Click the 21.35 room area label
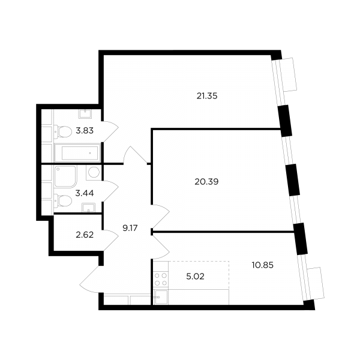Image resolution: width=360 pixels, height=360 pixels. [x=207, y=96]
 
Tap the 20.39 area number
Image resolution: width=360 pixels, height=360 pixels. [x=206, y=182]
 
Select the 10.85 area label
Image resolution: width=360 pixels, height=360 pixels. [x=262, y=265]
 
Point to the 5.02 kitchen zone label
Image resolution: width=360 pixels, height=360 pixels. [x=195, y=277]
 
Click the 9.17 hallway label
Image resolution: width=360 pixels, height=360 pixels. [x=130, y=228]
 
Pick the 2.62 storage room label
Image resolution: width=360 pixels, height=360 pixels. [x=85, y=235]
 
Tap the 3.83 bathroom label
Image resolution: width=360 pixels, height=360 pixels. [x=85, y=131]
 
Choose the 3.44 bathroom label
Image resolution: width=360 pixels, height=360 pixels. [x=85, y=193]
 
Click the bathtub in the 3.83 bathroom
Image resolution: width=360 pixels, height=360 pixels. [x=77, y=153]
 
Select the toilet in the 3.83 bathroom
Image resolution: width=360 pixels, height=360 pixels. [x=63, y=131]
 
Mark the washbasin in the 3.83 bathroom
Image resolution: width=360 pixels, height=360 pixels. [x=85, y=114]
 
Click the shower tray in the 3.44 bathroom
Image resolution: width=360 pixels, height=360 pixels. [x=65, y=176]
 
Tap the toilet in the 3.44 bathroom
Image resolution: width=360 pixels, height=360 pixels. [x=63, y=200]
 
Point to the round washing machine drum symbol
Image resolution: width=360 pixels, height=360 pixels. [x=94, y=172]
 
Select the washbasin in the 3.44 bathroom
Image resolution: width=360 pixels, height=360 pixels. [x=89, y=208]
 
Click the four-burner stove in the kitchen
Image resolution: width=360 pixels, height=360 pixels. [x=161, y=280]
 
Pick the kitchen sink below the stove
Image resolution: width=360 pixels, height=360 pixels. [x=161, y=297]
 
